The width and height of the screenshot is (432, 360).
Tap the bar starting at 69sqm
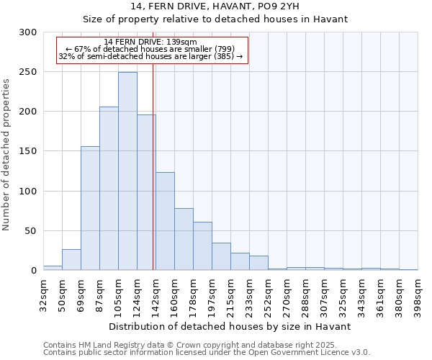pyautogui.click(x=90, y=209)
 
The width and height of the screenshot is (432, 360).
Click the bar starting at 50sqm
pyautogui.click(x=71, y=260)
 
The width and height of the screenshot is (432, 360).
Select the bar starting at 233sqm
pyautogui.click(x=258, y=264)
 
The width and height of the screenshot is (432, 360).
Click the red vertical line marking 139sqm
pyautogui.click(x=153, y=180)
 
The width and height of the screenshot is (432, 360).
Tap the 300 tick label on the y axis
pyautogui.click(x=28, y=32)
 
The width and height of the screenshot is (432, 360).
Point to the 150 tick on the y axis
pyautogui.click(x=28, y=152)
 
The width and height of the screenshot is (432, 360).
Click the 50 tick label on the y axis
pyautogui.click(x=31, y=231)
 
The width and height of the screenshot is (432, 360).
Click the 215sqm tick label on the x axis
pyautogui.click(x=231, y=295)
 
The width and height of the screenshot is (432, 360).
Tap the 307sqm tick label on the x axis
pyautogui.click(x=325, y=295)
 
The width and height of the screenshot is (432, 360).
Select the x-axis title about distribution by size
pyautogui.click(x=230, y=326)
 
